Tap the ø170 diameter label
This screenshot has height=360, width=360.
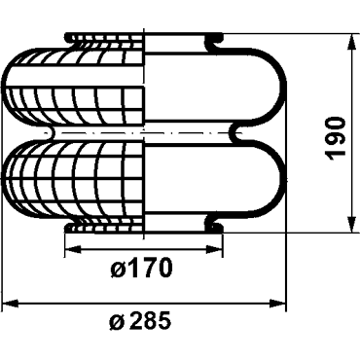click(140, 269)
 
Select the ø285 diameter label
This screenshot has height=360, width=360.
click(140, 319)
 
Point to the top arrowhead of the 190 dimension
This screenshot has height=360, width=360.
click(351, 42)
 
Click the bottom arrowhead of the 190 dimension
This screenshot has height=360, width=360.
click(351, 224)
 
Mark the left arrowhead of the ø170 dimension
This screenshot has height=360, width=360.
click(73, 249)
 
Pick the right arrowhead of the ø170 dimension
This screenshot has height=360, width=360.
click(215, 249)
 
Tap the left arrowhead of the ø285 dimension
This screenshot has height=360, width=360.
click(10, 304)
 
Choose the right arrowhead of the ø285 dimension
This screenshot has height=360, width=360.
click(278, 304)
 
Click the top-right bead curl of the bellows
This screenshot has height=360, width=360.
click(214, 40)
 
